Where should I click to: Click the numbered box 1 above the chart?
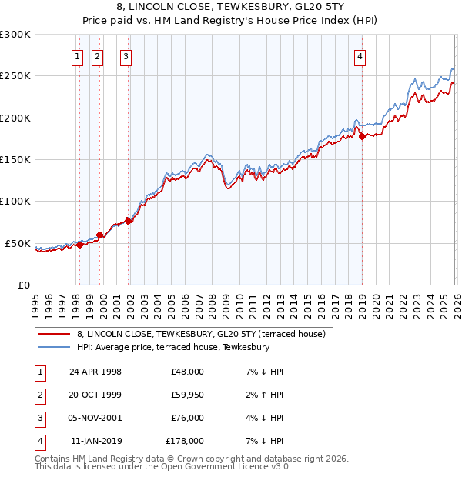tap(79, 55)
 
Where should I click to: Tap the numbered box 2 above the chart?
tap(97, 55)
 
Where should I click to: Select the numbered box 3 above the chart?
tap(126, 55)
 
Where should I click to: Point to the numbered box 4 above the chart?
tap(360, 55)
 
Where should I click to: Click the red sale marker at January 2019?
tap(362, 137)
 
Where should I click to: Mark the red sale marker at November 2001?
tap(129, 222)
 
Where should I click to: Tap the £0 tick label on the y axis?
tap(21, 285)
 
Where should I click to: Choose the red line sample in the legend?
tap(55, 334)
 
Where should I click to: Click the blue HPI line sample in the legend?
tap(55, 347)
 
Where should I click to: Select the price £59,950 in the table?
tap(185, 395)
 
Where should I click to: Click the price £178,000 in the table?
tap(185, 441)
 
